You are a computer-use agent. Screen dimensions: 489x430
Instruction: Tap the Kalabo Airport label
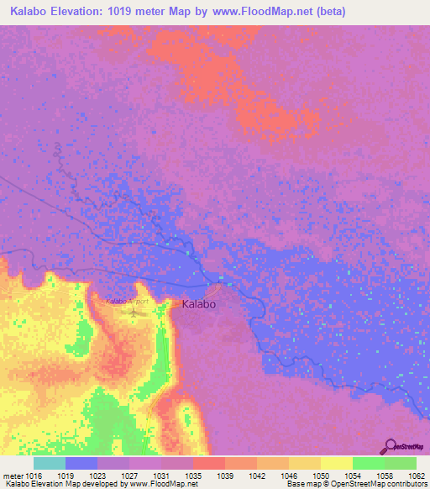point(127,301)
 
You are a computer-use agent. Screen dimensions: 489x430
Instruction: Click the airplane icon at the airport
point(134,313)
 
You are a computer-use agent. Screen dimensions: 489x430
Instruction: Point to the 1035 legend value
point(193,474)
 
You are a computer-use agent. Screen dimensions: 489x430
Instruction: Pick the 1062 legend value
point(417,474)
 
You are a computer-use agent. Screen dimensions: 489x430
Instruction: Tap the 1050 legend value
point(321,474)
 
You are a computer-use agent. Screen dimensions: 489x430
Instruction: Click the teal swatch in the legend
point(50,463)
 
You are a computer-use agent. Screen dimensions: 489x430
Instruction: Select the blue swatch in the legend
point(81,463)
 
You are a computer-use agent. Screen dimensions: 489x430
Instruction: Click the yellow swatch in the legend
point(336,463)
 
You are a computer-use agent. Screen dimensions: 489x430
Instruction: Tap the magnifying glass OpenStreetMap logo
point(390,447)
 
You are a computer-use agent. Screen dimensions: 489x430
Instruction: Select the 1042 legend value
point(257,474)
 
